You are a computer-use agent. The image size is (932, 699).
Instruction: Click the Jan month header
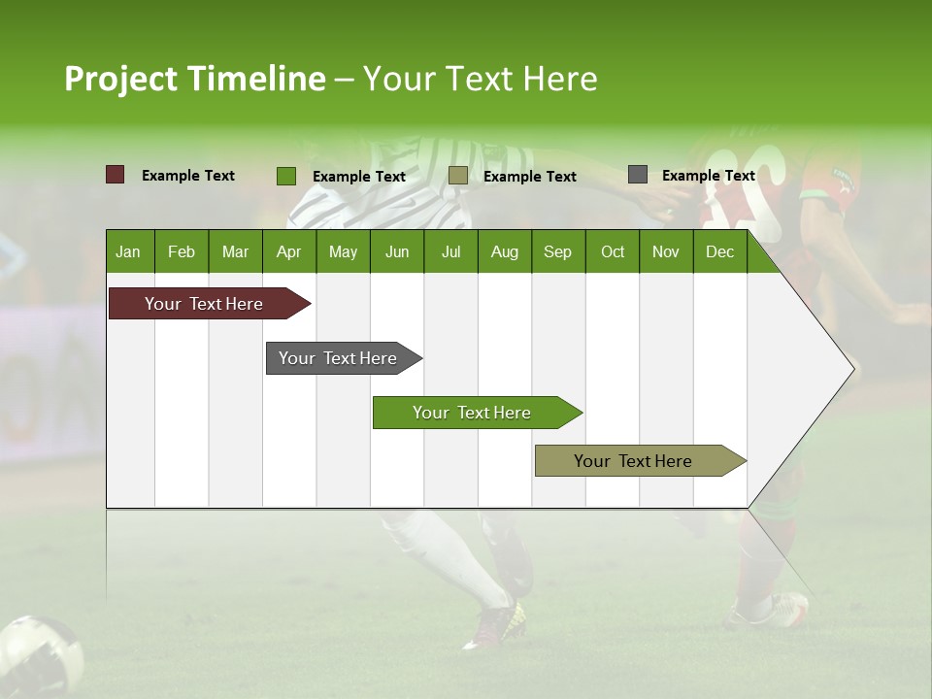(x=128, y=251)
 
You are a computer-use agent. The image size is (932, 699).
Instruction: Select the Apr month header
(x=288, y=251)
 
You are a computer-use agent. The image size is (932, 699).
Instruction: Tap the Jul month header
(x=450, y=251)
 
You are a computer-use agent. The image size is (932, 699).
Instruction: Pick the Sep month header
(x=557, y=251)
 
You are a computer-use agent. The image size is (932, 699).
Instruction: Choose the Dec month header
(x=719, y=251)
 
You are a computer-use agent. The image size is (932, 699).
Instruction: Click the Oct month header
(x=613, y=251)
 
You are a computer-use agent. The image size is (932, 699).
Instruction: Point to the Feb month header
(x=182, y=251)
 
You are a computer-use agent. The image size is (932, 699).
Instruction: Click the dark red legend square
(x=116, y=175)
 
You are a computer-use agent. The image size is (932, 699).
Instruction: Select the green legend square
(x=286, y=176)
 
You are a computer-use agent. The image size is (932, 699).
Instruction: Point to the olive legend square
(x=458, y=176)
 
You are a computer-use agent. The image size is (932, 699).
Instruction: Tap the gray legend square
(x=638, y=175)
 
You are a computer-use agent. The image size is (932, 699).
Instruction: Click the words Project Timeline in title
(x=195, y=79)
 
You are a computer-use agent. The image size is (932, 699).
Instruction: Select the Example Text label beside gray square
(x=708, y=176)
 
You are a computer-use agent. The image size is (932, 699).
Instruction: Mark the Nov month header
(x=666, y=251)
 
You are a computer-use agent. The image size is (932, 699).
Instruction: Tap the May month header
(x=343, y=251)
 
